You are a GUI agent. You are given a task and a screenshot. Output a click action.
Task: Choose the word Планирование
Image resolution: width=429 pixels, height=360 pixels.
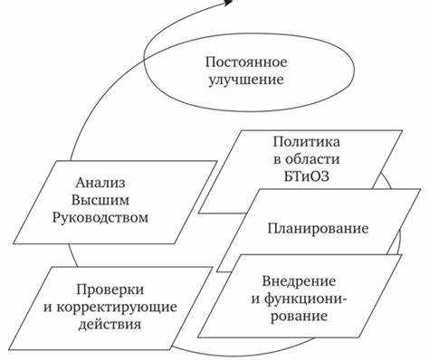pos(304,227)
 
